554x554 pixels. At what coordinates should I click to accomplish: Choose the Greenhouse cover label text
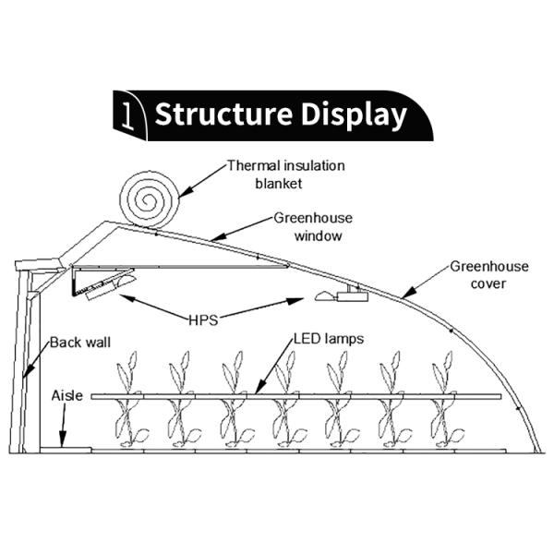(489, 275)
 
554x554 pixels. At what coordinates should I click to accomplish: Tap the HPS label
(203, 319)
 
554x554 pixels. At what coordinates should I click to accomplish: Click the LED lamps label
(328, 339)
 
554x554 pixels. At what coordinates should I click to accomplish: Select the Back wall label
(79, 343)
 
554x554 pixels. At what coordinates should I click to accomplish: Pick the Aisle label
(66, 395)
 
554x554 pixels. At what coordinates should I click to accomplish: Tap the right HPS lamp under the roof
(343, 295)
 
